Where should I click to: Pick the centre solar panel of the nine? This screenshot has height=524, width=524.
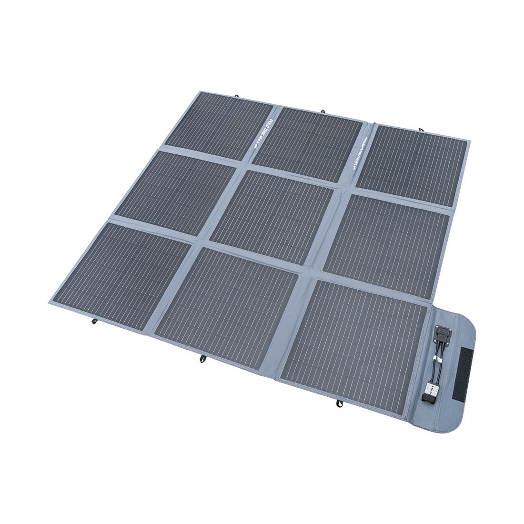[271, 216]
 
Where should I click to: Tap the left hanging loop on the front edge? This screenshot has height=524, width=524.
[94, 322]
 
